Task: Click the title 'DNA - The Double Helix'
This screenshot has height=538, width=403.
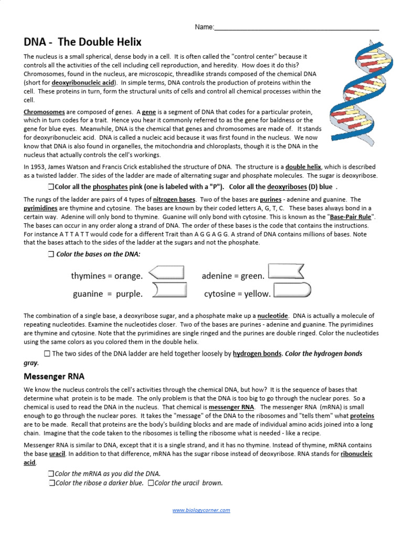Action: pos(83,42)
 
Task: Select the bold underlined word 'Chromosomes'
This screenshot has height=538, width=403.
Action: pos(45,112)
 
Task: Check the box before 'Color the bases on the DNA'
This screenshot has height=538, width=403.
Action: pos(50,254)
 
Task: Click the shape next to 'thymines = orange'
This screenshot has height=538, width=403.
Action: pos(167,272)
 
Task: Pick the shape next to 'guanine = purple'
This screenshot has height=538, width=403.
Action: pos(169,290)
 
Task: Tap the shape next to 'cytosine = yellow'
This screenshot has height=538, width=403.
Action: pos(292,290)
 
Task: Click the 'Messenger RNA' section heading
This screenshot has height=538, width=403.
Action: pos(54,377)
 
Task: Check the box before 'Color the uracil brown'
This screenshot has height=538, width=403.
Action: pos(151,483)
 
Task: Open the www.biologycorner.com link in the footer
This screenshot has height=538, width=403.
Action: pos(201,510)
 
